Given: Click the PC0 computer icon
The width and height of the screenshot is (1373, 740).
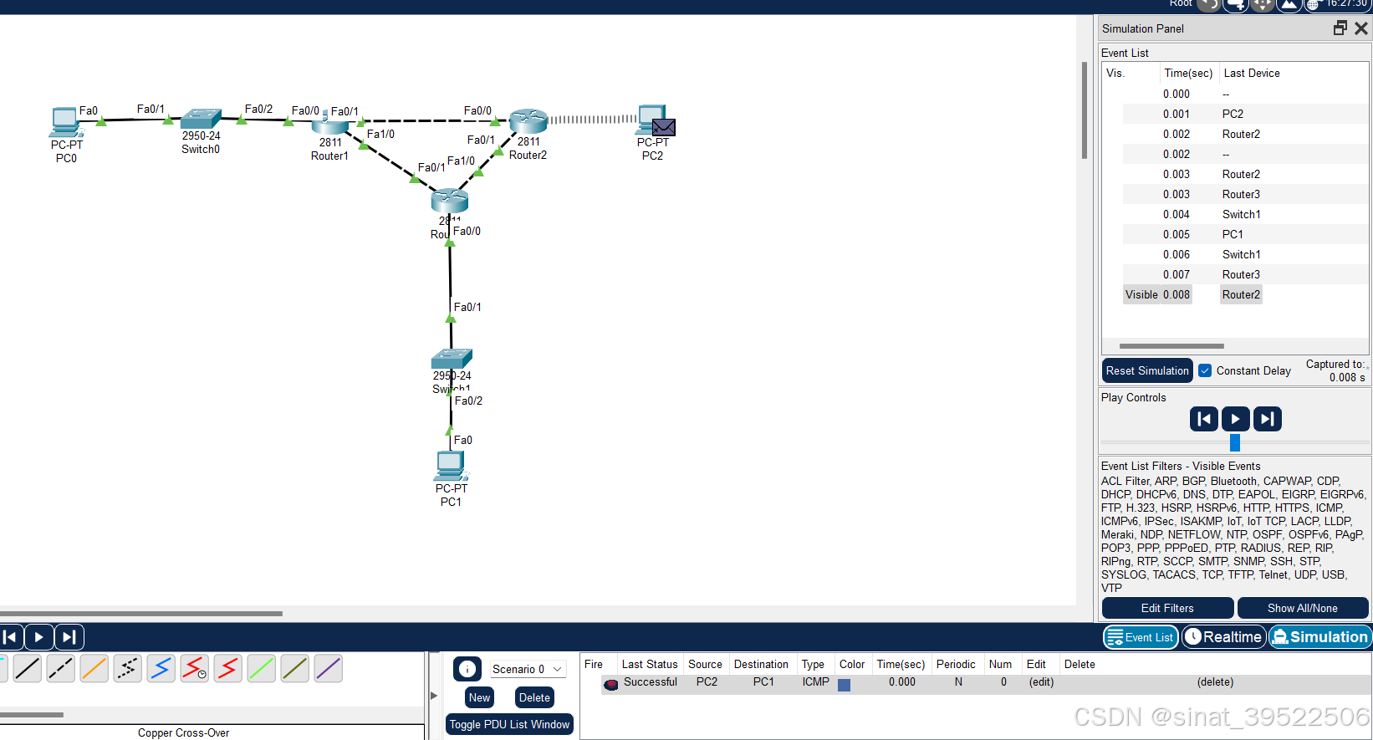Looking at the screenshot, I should (65, 122).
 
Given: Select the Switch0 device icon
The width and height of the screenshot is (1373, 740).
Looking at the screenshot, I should (201, 119).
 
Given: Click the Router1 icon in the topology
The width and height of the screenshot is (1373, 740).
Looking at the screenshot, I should (330, 124).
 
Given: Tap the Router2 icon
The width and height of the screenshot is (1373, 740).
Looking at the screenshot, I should (528, 121).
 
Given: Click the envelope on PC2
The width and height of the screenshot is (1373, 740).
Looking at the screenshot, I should (664, 127).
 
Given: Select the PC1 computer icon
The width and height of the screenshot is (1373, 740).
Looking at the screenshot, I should (450, 465).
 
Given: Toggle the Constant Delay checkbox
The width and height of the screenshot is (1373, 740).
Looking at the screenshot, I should (1205, 370).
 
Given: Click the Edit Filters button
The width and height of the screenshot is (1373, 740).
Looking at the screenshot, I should (1167, 608).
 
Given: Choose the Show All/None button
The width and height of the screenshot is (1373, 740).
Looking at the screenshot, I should (1302, 608).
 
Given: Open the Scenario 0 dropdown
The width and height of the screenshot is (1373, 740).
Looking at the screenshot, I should (527, 669).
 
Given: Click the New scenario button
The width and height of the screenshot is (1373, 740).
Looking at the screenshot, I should (479, 697).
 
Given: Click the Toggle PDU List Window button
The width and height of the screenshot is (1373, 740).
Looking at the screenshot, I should (509, 724).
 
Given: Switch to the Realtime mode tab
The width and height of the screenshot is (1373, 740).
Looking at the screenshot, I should (1222, 637).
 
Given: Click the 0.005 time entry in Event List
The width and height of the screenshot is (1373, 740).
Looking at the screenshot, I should (1176, 234).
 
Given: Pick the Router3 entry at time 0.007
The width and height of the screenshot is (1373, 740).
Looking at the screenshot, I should (1241, 274).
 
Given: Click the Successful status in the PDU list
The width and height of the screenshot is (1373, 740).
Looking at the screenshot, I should (650, 682).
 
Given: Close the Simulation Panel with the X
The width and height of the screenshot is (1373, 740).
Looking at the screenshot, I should (1361, 28).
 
